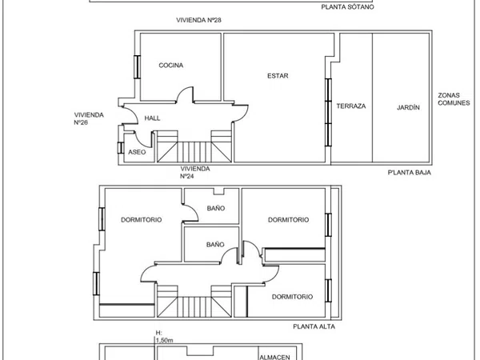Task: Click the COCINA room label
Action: (171, 66)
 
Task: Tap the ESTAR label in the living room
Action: (278, 76)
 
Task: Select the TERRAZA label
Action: (351, 106)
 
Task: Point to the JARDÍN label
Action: (408, 107)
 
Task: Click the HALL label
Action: (152, 118)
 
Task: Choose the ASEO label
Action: (137, 152)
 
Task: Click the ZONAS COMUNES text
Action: (454, 99)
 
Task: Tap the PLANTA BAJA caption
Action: (410, 173)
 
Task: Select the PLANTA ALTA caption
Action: (314, 326)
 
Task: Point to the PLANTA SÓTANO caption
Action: (347, 7)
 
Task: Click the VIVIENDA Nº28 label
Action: (198, 20)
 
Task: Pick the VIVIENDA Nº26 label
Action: (89, 118)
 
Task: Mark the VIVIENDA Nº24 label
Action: (195, 172)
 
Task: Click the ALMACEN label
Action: (274, 357)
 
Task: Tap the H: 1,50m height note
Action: (164, 337)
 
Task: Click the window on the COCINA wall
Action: (137, 66)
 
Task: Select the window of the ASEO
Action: (121, 148)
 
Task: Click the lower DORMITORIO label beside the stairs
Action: (292, 297)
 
